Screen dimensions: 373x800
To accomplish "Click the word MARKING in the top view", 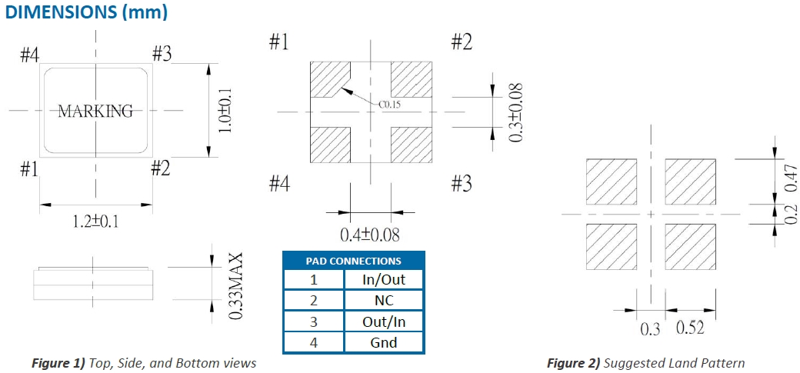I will pos(95,111).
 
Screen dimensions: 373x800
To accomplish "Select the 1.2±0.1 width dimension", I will pos(95,221).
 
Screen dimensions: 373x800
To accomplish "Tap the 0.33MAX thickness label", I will pos(236,286).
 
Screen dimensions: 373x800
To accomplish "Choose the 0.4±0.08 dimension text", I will pos(370,234).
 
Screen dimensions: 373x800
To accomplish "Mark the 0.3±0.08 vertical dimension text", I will pos(518,112).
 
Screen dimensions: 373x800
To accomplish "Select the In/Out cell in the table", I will pos(383,280).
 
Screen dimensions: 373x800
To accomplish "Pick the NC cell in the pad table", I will pos(383,301).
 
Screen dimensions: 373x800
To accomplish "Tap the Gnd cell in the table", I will pos(383,342).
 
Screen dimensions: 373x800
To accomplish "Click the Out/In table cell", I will pos(383,321).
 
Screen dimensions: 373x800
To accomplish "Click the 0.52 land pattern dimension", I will pos(690,328).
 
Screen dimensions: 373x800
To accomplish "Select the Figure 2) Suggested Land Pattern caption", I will pos(645,363).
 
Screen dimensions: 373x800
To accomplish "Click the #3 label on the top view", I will pos(162,55).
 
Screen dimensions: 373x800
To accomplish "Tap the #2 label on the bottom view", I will pos(461,42).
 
